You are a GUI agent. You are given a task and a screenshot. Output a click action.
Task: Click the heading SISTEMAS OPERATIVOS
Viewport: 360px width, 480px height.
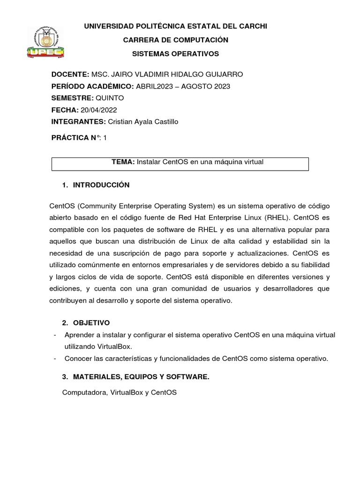pyautogui.click(x=175, y=54)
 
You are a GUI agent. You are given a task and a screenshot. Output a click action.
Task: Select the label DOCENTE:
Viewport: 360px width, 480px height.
pyautogui.click(x=70, y=75)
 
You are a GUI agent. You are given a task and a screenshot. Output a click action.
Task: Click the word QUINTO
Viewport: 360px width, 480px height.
pyautogui.click(x=110, y=98)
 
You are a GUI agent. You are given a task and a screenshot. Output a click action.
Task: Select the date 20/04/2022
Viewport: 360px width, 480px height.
pyautogui.click(x=98, y=110)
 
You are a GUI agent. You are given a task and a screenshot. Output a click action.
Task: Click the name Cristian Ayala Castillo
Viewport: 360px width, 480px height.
pyautogui.click(x=143, y=122)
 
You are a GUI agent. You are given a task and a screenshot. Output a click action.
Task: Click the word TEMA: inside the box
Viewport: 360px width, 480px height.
pyautogui.click(x=123, y=162)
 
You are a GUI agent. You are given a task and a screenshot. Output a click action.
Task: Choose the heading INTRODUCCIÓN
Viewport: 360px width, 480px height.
pyautogui.click(x=101, y=186)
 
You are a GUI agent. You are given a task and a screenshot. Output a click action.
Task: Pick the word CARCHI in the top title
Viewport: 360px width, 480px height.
pyautogui.click(x=251, y=27)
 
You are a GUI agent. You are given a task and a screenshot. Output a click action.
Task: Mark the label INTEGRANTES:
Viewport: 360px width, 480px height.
pyautogui.click(x=78, y=122)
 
